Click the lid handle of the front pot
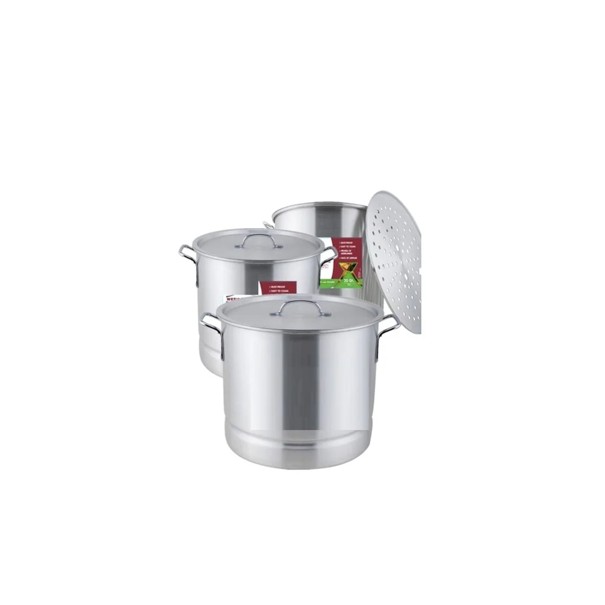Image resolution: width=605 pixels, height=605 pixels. pos(301,306)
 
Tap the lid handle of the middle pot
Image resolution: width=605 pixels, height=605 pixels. pos(259,240)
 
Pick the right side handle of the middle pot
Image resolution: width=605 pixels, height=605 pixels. pos(330,254)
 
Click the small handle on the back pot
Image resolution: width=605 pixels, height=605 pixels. pos(268,226)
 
